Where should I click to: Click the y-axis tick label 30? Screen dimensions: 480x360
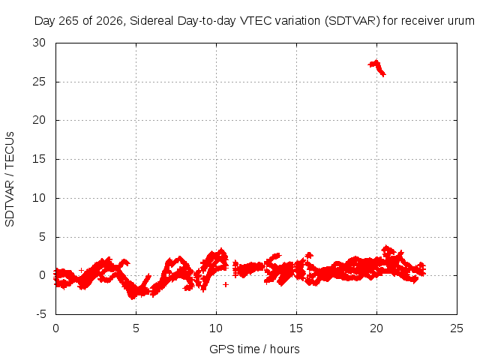click(39, 43)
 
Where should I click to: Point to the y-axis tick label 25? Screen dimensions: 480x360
click(39, 82)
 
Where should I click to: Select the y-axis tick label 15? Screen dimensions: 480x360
click(39, 159)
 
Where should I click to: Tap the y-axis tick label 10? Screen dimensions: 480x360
click(39, 198)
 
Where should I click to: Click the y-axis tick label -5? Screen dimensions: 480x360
click(41, 314)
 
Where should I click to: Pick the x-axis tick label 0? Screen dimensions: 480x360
click(55, 328)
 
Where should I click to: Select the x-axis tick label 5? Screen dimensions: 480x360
click(136, 328)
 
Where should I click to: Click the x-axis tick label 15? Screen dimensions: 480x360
click(296, 328)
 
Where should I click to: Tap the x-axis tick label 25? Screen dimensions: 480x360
click(457, 328)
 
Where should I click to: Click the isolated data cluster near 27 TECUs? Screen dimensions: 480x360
click(377, 67)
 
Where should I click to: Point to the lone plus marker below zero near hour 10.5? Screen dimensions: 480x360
click(226, 284)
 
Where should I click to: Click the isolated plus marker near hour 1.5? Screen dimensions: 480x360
click(81, 270)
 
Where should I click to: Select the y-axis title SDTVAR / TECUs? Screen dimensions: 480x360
click(10, 179)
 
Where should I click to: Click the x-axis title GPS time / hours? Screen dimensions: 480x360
click(254, 349)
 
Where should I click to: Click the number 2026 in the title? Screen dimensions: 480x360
click(109, 21)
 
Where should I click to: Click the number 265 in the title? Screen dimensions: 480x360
click(68, 21)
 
